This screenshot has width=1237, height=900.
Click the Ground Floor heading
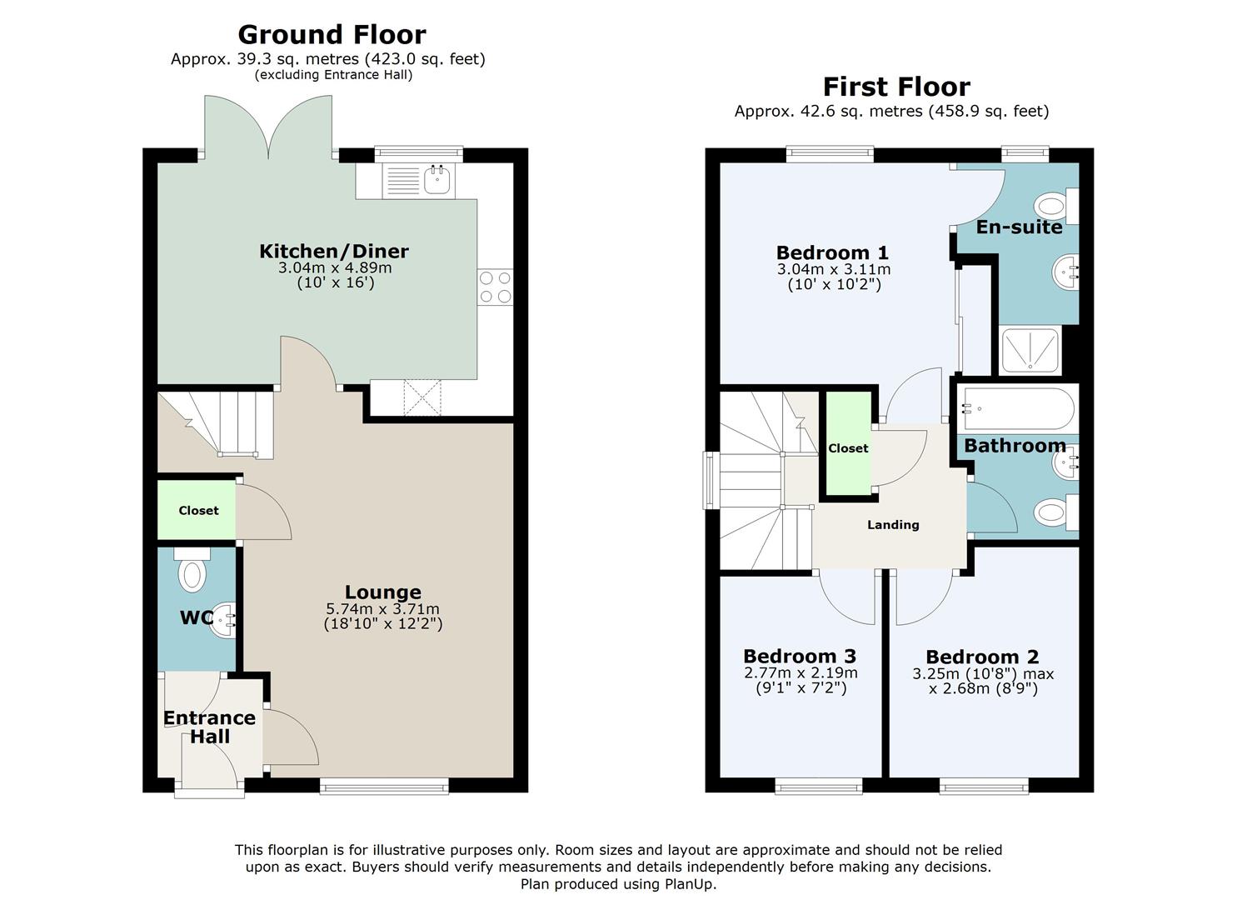332,35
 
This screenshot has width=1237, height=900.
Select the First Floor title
896,87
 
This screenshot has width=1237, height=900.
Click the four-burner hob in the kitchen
495,287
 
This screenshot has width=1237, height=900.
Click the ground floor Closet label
199,511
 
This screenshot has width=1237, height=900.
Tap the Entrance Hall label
209,727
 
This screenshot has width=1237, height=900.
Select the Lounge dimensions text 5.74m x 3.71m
382,609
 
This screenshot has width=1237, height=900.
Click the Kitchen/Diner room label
334,252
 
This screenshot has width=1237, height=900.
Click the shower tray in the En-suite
1030,349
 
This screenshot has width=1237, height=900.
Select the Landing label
893,525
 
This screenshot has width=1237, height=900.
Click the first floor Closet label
848,448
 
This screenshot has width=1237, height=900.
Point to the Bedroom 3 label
800,657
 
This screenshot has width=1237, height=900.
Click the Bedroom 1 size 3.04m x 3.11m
834,270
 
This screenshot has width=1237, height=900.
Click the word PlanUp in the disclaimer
691,884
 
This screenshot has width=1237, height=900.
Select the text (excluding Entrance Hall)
333,75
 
